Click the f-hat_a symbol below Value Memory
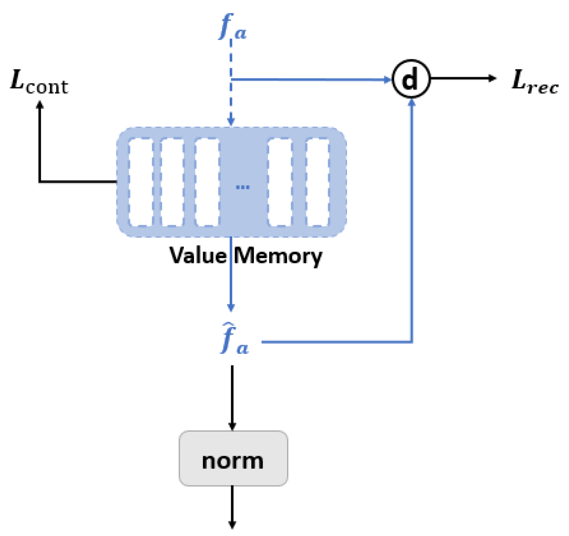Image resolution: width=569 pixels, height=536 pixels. point(234,339)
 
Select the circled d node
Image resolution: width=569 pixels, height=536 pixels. point(411,79)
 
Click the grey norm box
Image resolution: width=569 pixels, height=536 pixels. point(233,458)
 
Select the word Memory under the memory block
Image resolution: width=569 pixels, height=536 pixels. point(278,256)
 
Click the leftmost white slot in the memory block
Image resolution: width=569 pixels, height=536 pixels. point(141,182)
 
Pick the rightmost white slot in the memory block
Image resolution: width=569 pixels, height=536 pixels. point(317,182)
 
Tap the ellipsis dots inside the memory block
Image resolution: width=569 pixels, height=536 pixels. point(242,187)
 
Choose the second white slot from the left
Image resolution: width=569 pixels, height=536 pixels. point(172,182)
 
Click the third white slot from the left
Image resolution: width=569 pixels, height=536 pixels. point(207,182)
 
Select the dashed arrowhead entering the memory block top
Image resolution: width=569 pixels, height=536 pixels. point(231,121)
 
